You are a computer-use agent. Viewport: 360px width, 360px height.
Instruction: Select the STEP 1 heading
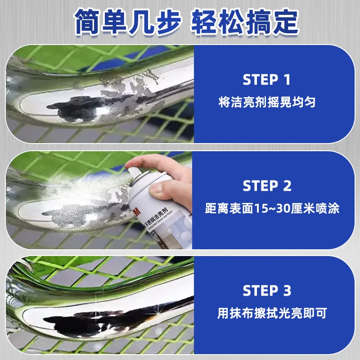pyautogui.click(x=266, y=80)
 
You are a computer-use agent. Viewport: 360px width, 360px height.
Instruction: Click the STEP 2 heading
pyautogui.click(x=266, y=185)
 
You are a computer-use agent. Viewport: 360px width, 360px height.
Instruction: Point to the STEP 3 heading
pyautogui.click(x=266, y=291)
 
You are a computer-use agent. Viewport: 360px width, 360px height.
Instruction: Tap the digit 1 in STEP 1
pyautogui.click(x=287, y=80)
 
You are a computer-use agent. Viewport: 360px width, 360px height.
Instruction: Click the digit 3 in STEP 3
pyautogui.click(x=287, y=291)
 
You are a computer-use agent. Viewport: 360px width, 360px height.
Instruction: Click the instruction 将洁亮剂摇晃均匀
pyautogui.click(x=266, y=102)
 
